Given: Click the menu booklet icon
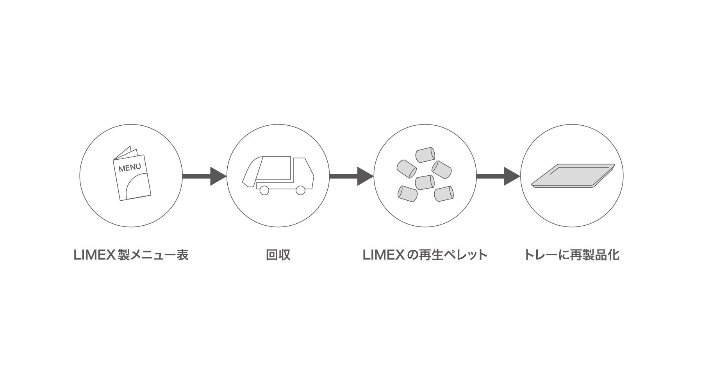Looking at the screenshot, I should (x=131, y=175).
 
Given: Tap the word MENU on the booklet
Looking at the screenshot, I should (x=130, y=168).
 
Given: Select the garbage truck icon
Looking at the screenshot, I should (x=278, y=175).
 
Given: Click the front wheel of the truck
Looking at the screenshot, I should (x=300, y=190).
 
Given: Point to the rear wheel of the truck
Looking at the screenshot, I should (x=264, y=190).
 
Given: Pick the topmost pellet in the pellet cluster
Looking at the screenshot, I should (x=425, y=155).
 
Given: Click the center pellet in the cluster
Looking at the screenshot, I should (x=425, y=182).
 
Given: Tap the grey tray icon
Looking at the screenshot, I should (x=573, y=175).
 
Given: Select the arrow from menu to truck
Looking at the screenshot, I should (x=204, y=176).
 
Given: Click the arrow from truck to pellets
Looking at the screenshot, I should (x=351, y=176).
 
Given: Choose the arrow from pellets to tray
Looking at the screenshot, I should (x=498, y=176).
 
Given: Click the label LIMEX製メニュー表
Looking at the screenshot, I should (x=131, y=255).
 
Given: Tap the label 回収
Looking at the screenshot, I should (x=278, y=255).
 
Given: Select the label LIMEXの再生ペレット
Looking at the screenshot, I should (x=425, y=255).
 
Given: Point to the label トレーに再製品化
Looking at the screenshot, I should (x=571, y=255).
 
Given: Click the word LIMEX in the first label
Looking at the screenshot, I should (x=94, y=255).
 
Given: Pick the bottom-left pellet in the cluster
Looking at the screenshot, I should (x=407, y=194).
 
